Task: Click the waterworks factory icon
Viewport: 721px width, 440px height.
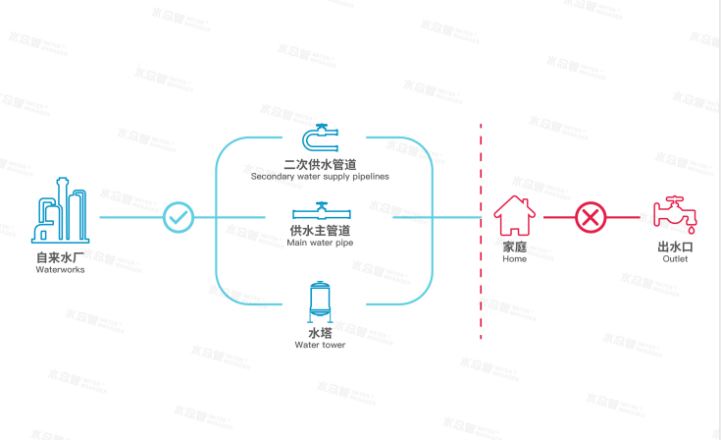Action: point(61,211)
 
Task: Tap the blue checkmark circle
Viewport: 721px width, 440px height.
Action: point(179,217)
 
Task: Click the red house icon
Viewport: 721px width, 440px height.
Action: point(514,216)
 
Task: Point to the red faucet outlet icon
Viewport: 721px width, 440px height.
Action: point(675,217)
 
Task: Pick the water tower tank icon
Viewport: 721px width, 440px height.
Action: point(320,302)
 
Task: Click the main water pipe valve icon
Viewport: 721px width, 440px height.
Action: point(320,211)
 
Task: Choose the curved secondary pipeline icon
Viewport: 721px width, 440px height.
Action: point(320,137)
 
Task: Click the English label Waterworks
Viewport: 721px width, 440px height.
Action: point(61,269)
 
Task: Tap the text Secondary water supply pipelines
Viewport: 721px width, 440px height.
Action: point(320,177)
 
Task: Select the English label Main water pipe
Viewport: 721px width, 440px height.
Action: point(320,243)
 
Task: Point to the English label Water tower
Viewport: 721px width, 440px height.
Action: point(320,345)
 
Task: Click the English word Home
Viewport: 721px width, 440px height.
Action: point(514,259)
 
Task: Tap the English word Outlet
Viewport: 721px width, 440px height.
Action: point(675,259)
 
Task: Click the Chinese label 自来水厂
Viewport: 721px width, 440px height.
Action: point(61,257)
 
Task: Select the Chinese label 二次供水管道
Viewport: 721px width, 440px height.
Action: point(320,164)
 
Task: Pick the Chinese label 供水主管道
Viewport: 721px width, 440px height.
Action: point(320,230)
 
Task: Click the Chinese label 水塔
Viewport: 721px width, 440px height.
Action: point(320,333)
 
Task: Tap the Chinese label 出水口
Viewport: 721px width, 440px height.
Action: point(675,247)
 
